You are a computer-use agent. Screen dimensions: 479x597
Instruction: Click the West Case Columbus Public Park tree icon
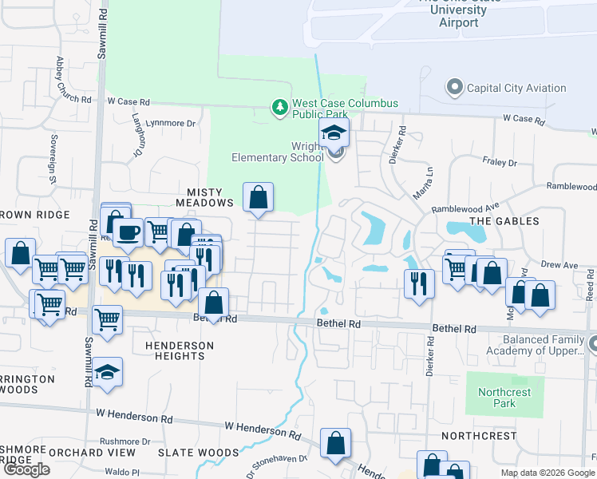(279, 107)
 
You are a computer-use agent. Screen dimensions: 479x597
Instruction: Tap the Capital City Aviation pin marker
(455, 88)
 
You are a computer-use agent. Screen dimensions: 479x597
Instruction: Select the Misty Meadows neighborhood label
(210, 197)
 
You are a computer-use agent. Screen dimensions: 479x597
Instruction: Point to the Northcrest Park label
(498, 398)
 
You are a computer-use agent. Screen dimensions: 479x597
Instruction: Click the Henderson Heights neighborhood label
(180, 350)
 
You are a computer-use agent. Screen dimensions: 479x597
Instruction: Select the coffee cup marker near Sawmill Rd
(128, 232)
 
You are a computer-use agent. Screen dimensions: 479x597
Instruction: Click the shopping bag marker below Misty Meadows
(214, 303)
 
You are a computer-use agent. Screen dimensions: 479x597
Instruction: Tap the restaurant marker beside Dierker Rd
(419, 283)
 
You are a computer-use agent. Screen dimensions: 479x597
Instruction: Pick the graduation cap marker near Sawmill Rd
(107, 373)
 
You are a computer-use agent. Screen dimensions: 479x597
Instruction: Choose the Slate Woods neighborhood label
(199, 452)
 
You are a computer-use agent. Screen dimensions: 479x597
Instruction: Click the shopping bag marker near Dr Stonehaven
(336, 443)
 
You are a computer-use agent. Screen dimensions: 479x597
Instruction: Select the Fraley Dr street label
(500, 162)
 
